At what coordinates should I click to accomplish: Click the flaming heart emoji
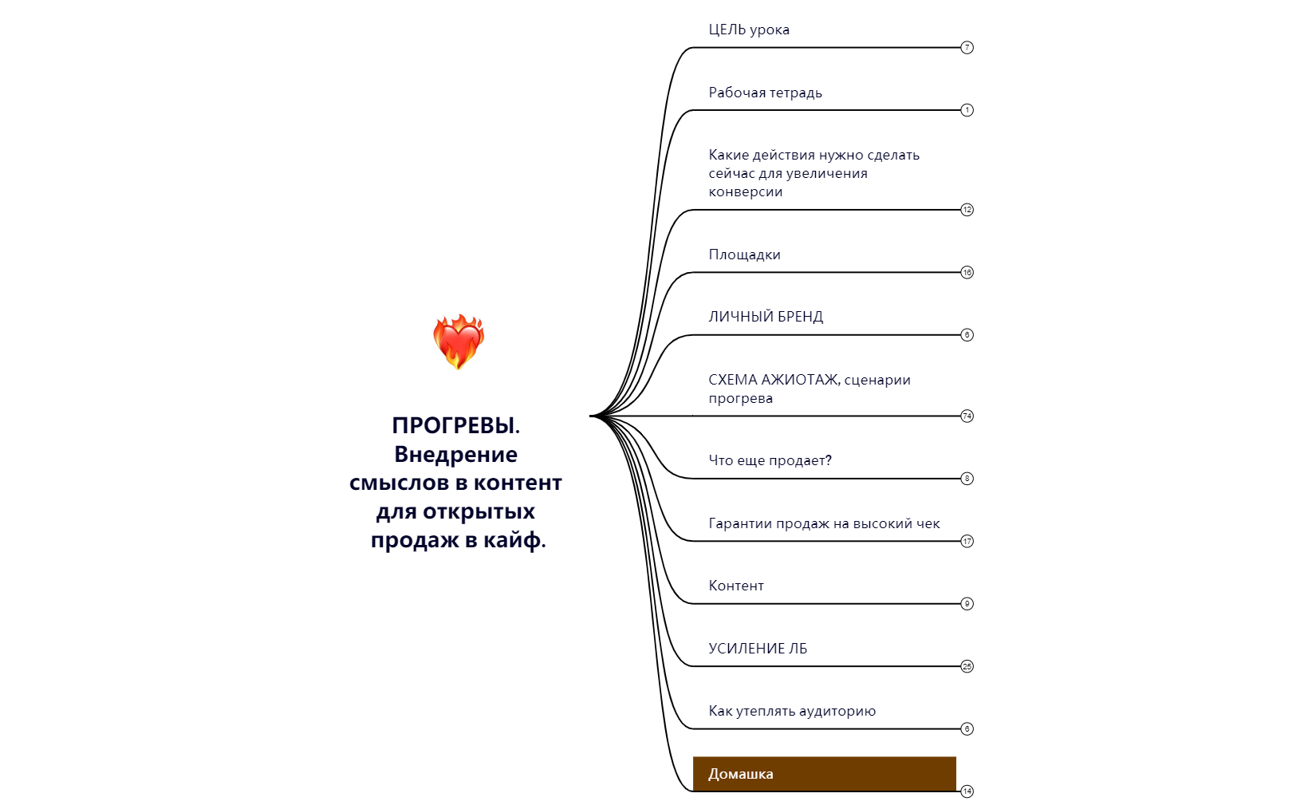458,341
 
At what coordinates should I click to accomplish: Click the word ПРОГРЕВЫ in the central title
454,425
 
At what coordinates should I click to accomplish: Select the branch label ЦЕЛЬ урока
748,30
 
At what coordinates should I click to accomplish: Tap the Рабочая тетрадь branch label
765,93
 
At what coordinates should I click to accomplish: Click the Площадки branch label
744,255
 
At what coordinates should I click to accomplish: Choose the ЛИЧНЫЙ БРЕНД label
765,317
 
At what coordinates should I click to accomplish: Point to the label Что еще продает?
770,460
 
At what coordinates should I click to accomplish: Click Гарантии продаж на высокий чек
824,523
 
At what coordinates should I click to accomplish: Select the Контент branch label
735,586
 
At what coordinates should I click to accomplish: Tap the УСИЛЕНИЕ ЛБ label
758,649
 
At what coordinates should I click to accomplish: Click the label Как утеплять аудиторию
791,711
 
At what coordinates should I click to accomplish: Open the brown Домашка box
823,773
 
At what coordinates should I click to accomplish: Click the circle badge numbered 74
967,416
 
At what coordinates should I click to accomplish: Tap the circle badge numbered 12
967,210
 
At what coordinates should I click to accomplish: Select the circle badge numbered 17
967,541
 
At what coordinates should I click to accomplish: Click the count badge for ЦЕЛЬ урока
967,47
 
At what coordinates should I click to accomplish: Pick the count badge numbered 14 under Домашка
967,791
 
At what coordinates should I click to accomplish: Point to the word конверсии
745,192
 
